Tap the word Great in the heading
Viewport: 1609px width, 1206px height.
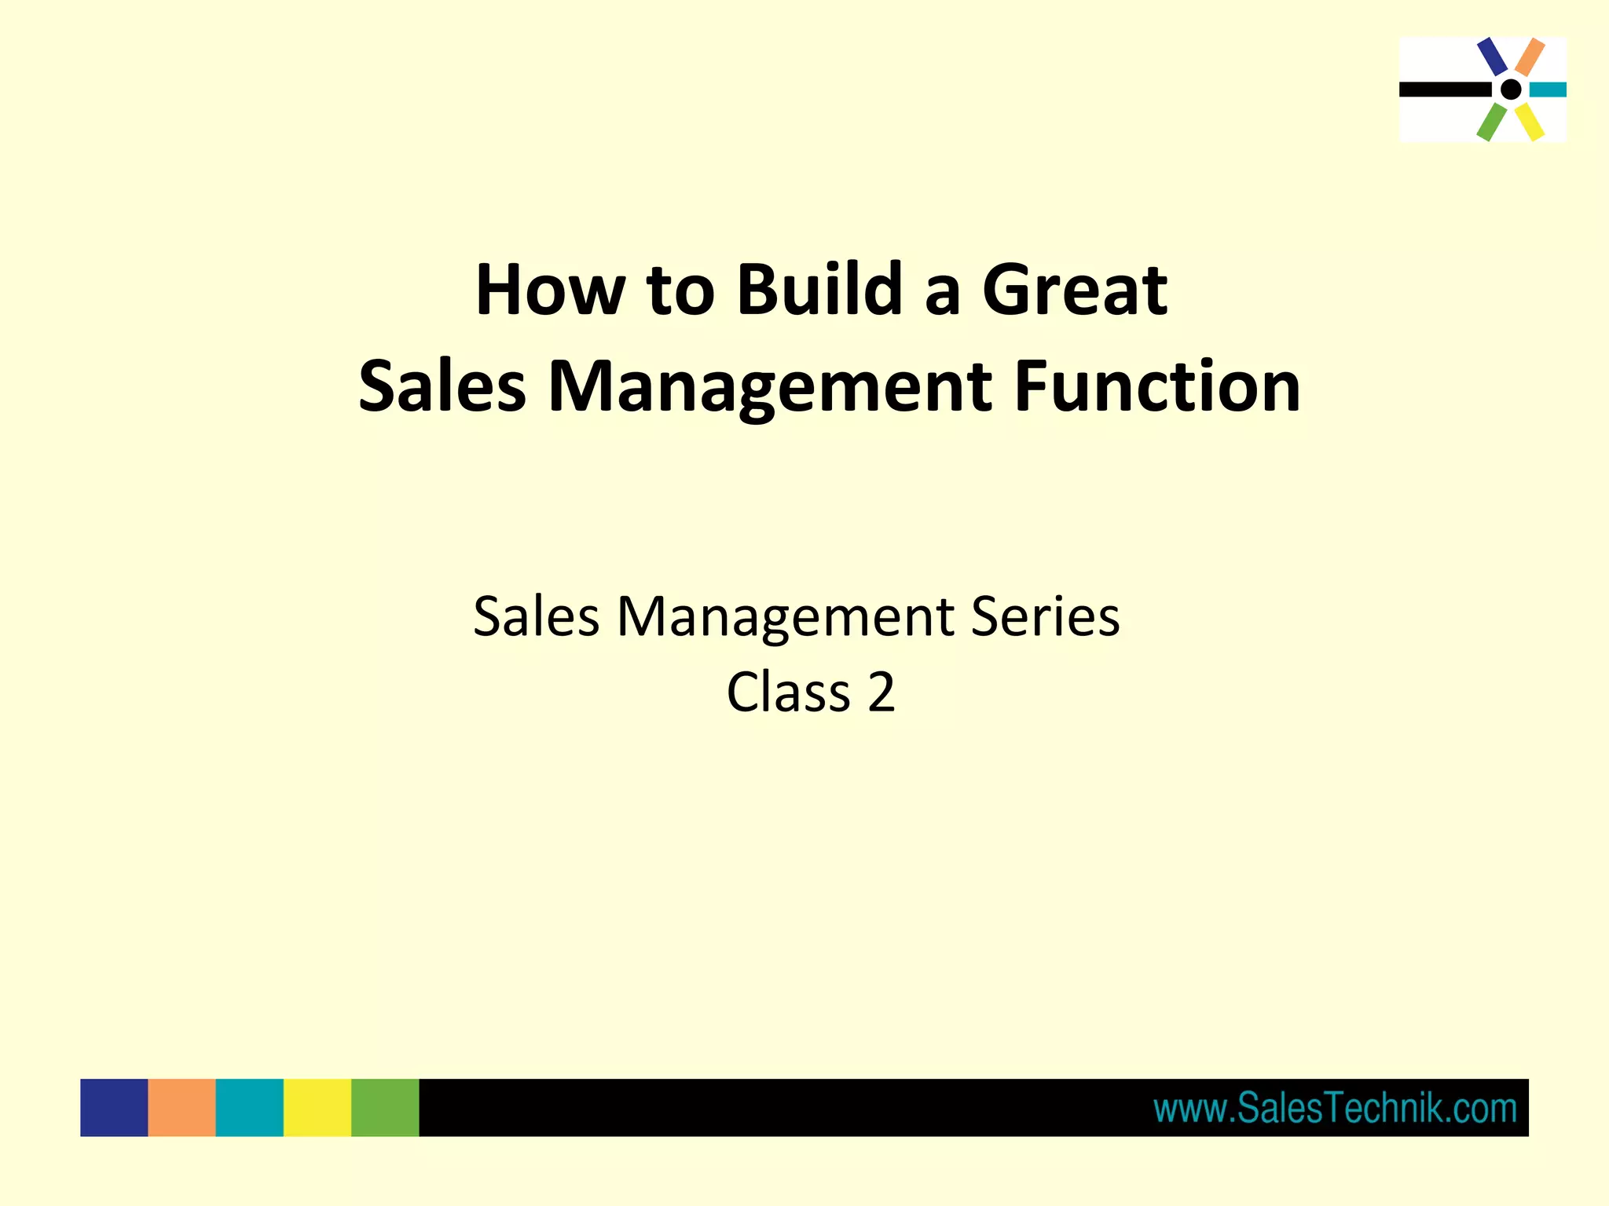1074,291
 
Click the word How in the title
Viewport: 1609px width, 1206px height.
550,291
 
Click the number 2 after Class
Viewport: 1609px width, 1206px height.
881,693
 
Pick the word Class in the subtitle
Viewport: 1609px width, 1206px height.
789,693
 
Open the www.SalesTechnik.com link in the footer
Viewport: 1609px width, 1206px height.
1335,1109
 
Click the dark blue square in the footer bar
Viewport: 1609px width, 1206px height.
114,1108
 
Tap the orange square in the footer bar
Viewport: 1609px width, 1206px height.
181,1108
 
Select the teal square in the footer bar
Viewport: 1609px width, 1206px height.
249,1108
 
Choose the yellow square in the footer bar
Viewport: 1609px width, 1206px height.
317,1108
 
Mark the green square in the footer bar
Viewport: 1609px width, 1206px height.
385,1108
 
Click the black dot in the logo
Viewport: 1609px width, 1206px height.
1510,90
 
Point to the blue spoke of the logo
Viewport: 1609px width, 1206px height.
1491,57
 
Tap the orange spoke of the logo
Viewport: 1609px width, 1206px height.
1530,57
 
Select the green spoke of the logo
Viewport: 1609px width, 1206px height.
1491,122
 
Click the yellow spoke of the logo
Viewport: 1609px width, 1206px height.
1530,122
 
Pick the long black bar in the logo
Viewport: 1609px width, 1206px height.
1444,90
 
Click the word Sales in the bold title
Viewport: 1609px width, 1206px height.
442,386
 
